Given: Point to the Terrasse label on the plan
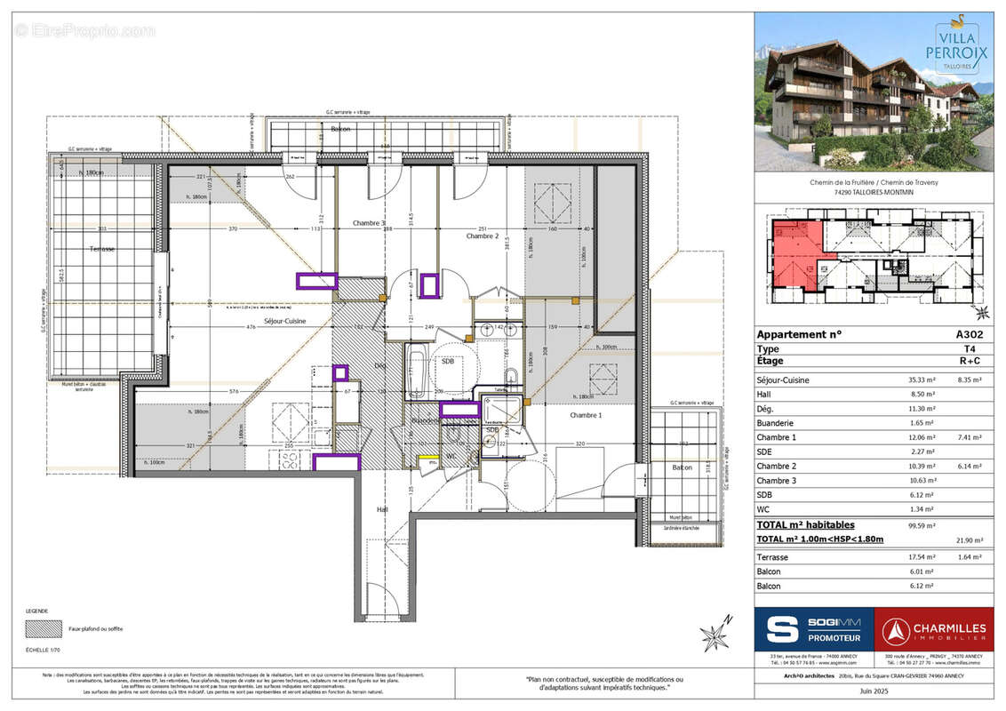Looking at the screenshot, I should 101,249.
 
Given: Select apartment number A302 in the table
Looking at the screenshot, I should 968,335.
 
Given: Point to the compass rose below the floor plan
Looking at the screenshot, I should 715,635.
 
